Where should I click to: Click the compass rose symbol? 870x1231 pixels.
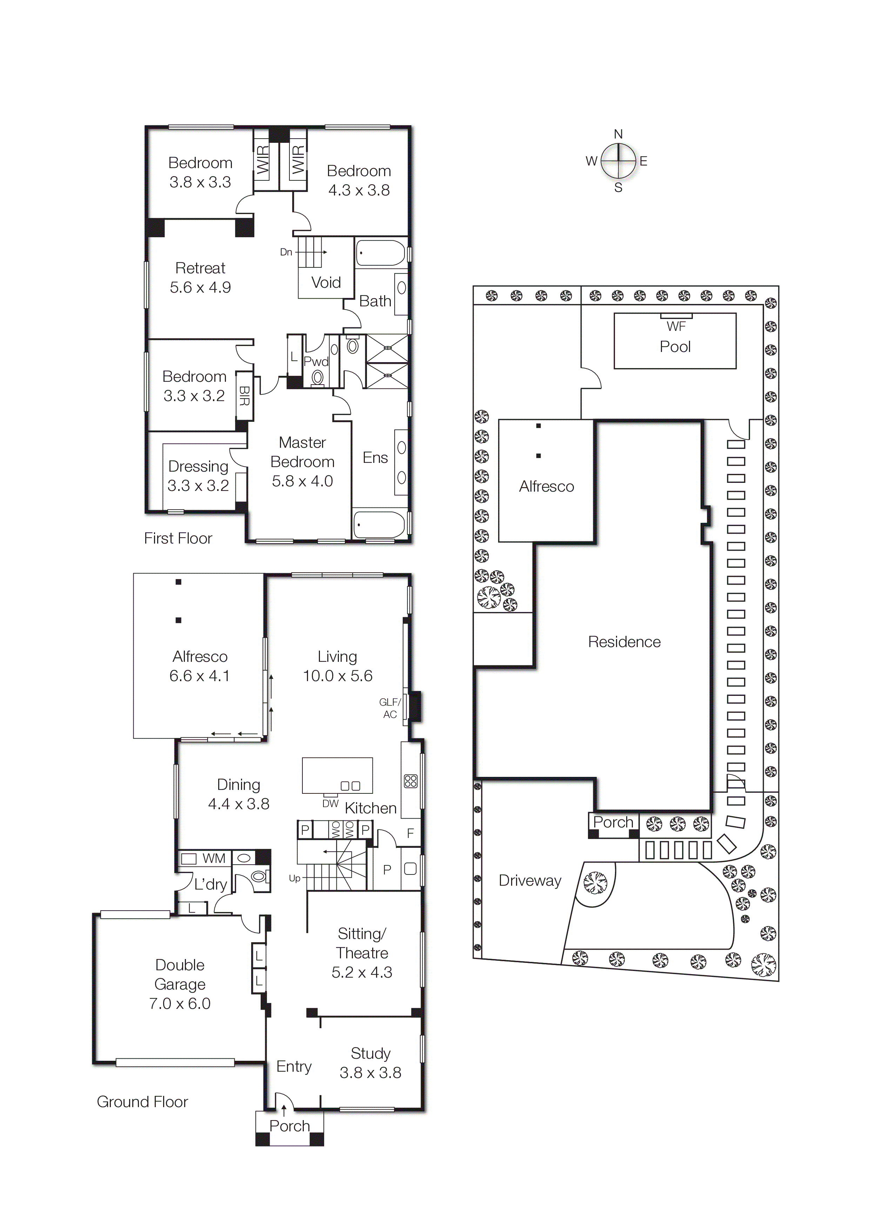618,160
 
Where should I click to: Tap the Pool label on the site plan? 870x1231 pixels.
675,347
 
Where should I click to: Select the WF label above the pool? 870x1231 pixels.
676,326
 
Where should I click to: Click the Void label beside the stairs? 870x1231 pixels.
326,282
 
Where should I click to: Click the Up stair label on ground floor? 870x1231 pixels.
294,878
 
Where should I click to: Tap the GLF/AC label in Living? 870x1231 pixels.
390,708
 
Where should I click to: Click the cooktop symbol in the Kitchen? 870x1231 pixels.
410,781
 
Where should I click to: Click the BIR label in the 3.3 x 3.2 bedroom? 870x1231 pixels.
245,396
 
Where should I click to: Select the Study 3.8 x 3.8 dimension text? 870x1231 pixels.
370,1072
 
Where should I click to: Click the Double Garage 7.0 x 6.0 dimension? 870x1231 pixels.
180,1003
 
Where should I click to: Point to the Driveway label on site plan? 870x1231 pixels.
530,880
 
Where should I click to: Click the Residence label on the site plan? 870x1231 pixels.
624,642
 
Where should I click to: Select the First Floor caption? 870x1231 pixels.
178,538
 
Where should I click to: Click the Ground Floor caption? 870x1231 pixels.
142,1102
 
